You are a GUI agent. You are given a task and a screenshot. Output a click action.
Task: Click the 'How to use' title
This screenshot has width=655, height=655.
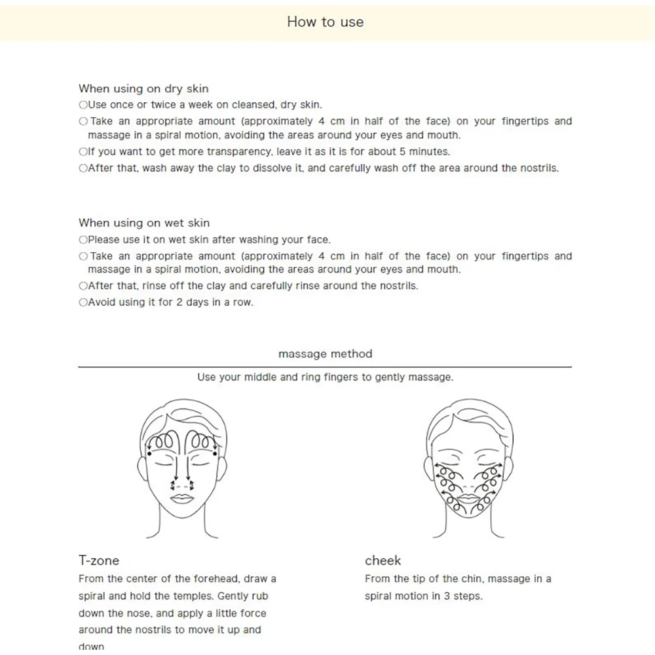(325, 22)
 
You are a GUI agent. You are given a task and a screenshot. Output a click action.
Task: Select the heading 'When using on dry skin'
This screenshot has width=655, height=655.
(143, 88)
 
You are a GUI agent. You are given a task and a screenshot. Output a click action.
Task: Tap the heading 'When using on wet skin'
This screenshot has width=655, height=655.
(144, 223)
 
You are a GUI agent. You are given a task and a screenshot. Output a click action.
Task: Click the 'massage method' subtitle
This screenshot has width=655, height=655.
(325, 354)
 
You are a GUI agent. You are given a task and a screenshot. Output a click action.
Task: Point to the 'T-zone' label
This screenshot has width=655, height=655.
(99, 560)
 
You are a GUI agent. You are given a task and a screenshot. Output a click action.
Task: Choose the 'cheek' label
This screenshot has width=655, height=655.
(383, 560)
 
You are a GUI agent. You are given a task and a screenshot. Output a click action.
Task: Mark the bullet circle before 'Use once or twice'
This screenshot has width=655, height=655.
(83, 105)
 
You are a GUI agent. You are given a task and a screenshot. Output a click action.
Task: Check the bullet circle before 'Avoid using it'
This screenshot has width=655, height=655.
(83, 303)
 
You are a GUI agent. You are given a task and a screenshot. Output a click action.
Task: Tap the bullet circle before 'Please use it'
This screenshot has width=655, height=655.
(83, 240)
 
